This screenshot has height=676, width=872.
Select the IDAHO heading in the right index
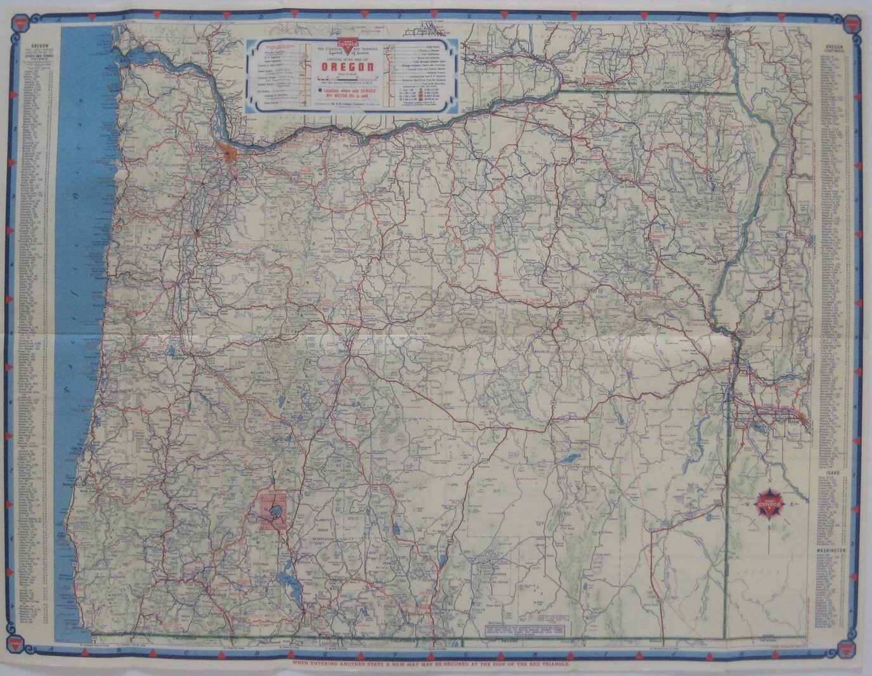coord(836,474)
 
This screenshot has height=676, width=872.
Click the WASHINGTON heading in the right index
coord(836,551)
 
